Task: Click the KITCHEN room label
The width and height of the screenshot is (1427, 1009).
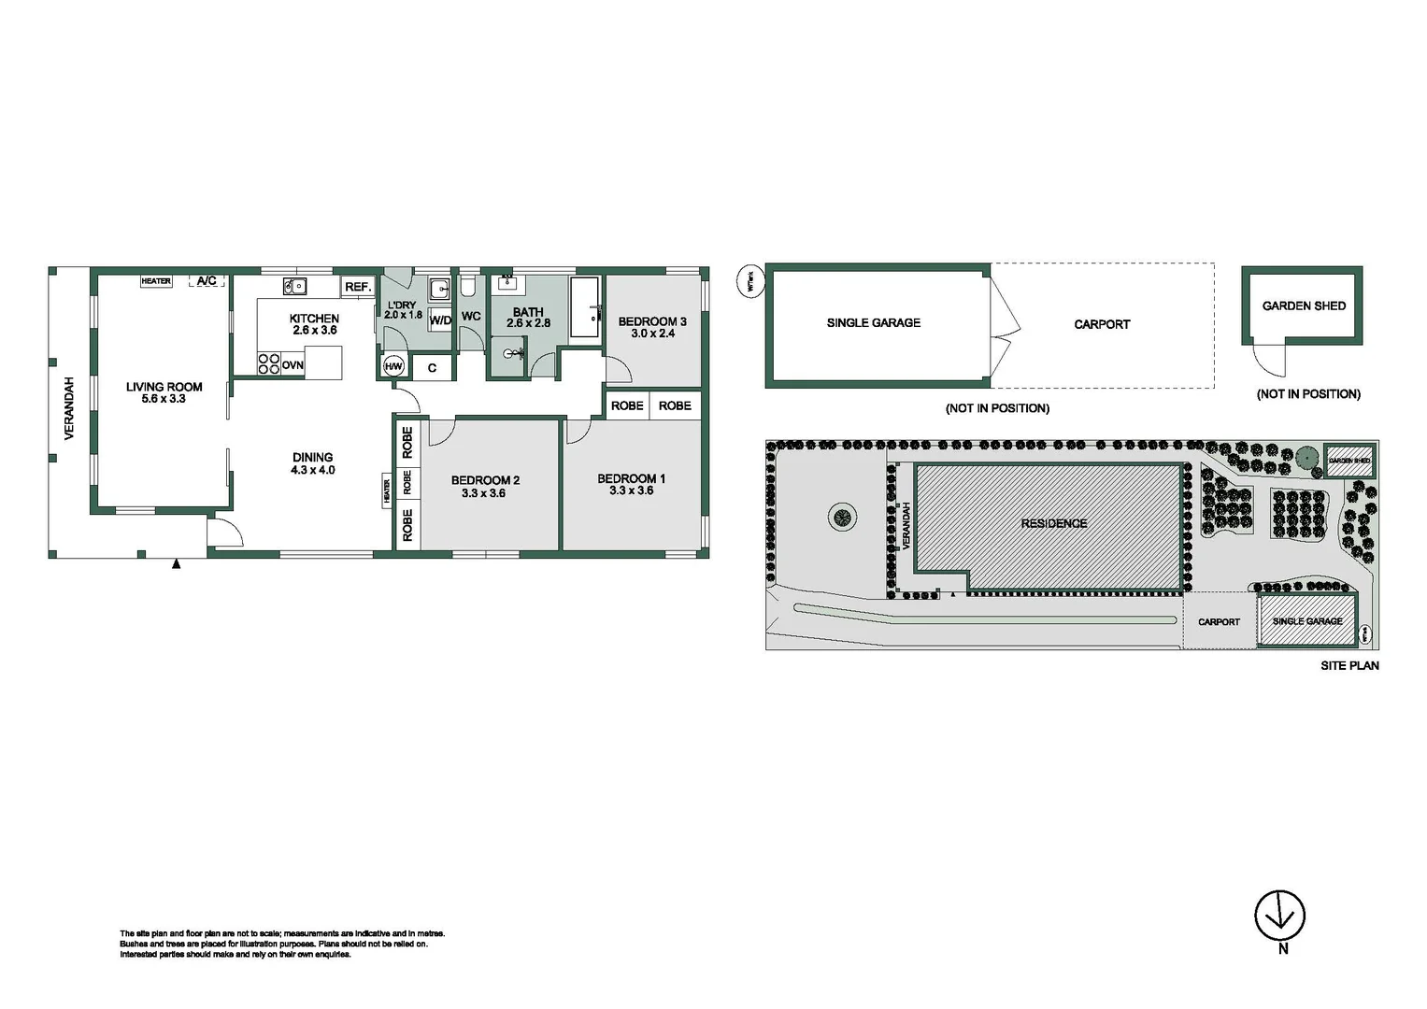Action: click(314, 319)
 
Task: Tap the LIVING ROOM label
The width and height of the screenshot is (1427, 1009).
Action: click(164, 387)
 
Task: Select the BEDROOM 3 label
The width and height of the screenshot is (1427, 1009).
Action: click(652, 321)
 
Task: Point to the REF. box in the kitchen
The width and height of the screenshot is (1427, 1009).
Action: click(358, 287)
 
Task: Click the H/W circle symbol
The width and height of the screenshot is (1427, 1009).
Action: click(393, 367)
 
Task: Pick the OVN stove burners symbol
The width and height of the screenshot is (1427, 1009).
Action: click(269, 363)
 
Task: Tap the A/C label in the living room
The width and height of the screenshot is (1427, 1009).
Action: click(207, 280)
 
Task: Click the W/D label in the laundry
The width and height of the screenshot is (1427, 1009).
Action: click(440, 320)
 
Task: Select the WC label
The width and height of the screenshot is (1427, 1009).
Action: click(471, 317)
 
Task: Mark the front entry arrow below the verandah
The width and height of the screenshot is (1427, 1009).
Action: click(176, 563)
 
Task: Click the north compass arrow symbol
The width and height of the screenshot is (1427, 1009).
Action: click(1279, 916)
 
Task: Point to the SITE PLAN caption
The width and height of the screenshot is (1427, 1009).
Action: click(1349, 666)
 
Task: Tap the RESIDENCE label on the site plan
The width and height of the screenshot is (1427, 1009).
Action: click(1053, 523)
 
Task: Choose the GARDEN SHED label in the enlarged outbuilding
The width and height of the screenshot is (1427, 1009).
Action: click(1304, 306)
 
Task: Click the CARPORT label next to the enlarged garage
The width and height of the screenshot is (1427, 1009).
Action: click(1102, 324)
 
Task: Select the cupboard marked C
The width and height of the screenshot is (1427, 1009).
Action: click(432, 368)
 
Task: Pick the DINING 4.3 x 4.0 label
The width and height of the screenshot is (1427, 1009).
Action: click(312, 464)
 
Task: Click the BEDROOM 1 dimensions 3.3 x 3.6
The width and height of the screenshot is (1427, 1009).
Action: click(631, 490)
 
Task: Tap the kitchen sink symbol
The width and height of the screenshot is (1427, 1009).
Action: click(295, 287)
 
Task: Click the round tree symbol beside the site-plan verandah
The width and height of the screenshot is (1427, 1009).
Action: click(842, 517)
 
